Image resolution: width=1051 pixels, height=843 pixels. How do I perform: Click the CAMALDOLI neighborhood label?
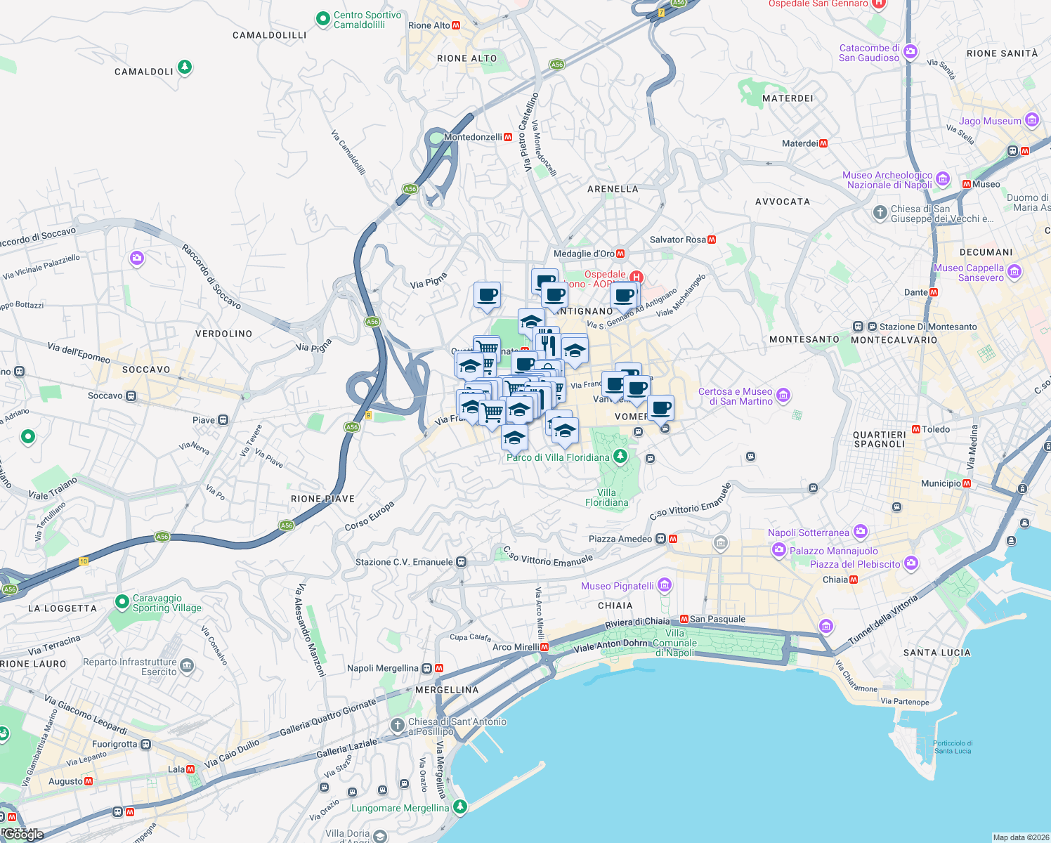coord(143,72)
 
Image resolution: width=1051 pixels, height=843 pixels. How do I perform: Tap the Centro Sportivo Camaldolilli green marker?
coord(322,19)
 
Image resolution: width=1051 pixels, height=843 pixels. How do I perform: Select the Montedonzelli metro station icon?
coord(508,137)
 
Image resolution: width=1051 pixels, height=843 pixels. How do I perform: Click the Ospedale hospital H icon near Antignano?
coord(637,277)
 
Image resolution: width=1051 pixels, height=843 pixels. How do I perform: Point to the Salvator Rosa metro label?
coord(677,240)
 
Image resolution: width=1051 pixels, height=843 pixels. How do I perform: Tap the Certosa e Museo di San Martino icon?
coord(784,396)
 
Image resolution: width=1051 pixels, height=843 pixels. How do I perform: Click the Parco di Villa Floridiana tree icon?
coord(620,457)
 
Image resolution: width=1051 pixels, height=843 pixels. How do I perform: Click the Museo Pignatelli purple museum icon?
coord(665,585)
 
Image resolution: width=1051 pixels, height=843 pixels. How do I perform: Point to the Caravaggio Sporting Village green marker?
coord(121,603)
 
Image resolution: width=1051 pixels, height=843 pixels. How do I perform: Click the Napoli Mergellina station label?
coord(383,668)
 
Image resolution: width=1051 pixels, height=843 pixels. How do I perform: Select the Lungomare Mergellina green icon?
coord(459,806)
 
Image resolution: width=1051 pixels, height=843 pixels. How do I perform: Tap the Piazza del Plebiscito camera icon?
coord(911,563)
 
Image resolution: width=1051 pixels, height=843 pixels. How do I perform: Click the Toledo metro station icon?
coord(916,429)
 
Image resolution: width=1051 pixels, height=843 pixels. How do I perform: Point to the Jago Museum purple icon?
coord(1032,120)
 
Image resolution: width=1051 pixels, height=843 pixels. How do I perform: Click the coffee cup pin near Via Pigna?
coord(487,295)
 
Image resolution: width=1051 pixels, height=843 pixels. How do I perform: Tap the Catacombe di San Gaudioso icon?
coord(910,51)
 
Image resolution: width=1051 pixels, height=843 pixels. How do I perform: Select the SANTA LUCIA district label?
coord(936,653)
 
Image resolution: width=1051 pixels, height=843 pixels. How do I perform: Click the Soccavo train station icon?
coord(131,396)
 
